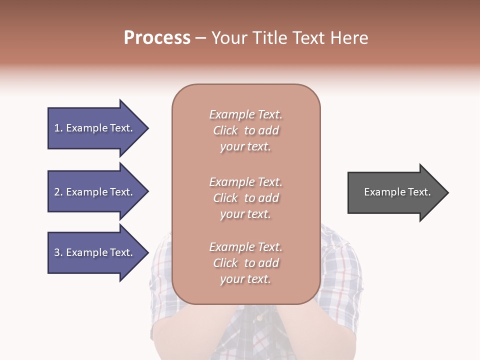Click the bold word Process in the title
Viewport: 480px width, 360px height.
[157, 38]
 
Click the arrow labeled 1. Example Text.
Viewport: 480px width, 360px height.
[95, 128]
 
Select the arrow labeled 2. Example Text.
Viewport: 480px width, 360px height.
[95, 192]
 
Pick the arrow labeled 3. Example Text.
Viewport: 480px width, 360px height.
[95, 252]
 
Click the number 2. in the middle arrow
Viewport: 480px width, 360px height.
[58, 192]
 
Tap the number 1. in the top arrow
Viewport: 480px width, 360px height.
[58, 128]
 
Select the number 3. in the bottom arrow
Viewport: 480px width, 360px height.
[58, 252]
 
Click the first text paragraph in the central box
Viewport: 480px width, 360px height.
[245, 130]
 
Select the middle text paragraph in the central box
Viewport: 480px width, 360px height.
[245, 198]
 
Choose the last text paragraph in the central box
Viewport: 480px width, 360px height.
[245, 263]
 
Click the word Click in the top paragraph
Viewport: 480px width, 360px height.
[225, 130]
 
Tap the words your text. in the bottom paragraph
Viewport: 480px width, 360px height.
[245, 279]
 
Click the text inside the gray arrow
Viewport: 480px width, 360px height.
[397, 192]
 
